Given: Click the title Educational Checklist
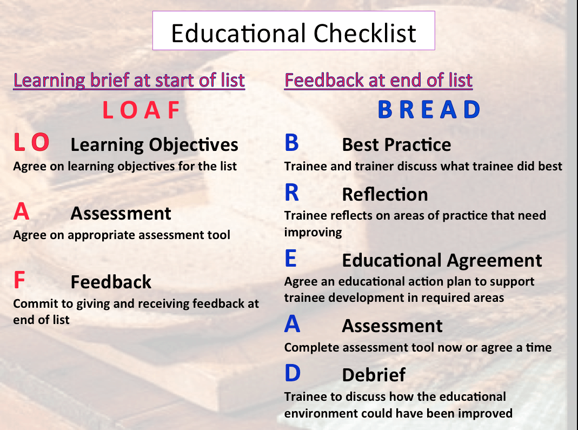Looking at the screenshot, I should pos(294,33).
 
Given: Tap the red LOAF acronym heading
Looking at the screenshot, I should pos(141,110).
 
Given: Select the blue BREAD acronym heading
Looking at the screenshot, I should pos(429,110).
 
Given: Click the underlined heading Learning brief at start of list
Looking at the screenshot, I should pos(129,81).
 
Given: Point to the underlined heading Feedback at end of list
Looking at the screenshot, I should pos(378,81).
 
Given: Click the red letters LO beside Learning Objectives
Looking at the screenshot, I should pos(31,143).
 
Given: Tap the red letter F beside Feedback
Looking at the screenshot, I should pos(19,280).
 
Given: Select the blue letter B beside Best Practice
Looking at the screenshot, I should pos(291,143).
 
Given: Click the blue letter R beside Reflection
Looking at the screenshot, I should pos(291,193).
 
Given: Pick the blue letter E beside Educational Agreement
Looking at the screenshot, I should pos(290,259).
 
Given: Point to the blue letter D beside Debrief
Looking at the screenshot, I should pos(292,373).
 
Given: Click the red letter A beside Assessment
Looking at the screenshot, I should pos(21,212).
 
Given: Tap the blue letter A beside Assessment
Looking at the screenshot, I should pos(292,325).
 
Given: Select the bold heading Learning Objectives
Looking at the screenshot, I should pos(154,145).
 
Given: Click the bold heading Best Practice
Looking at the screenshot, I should pos(396,145).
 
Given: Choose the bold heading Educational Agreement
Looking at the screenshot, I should pos(442,261).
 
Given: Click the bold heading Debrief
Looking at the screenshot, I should pos(374,375).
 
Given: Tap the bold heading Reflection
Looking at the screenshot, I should pos(385,194).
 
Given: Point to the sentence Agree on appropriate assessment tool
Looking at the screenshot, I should pos(122,235).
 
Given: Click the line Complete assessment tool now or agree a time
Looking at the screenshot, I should pos(418,347).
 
